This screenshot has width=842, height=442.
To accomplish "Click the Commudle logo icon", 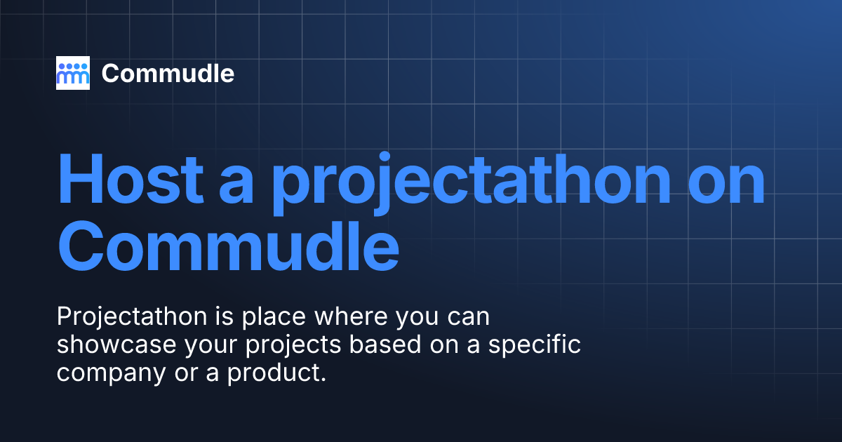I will coord(73,73).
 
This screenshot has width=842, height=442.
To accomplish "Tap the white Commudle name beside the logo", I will coord(168,73).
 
